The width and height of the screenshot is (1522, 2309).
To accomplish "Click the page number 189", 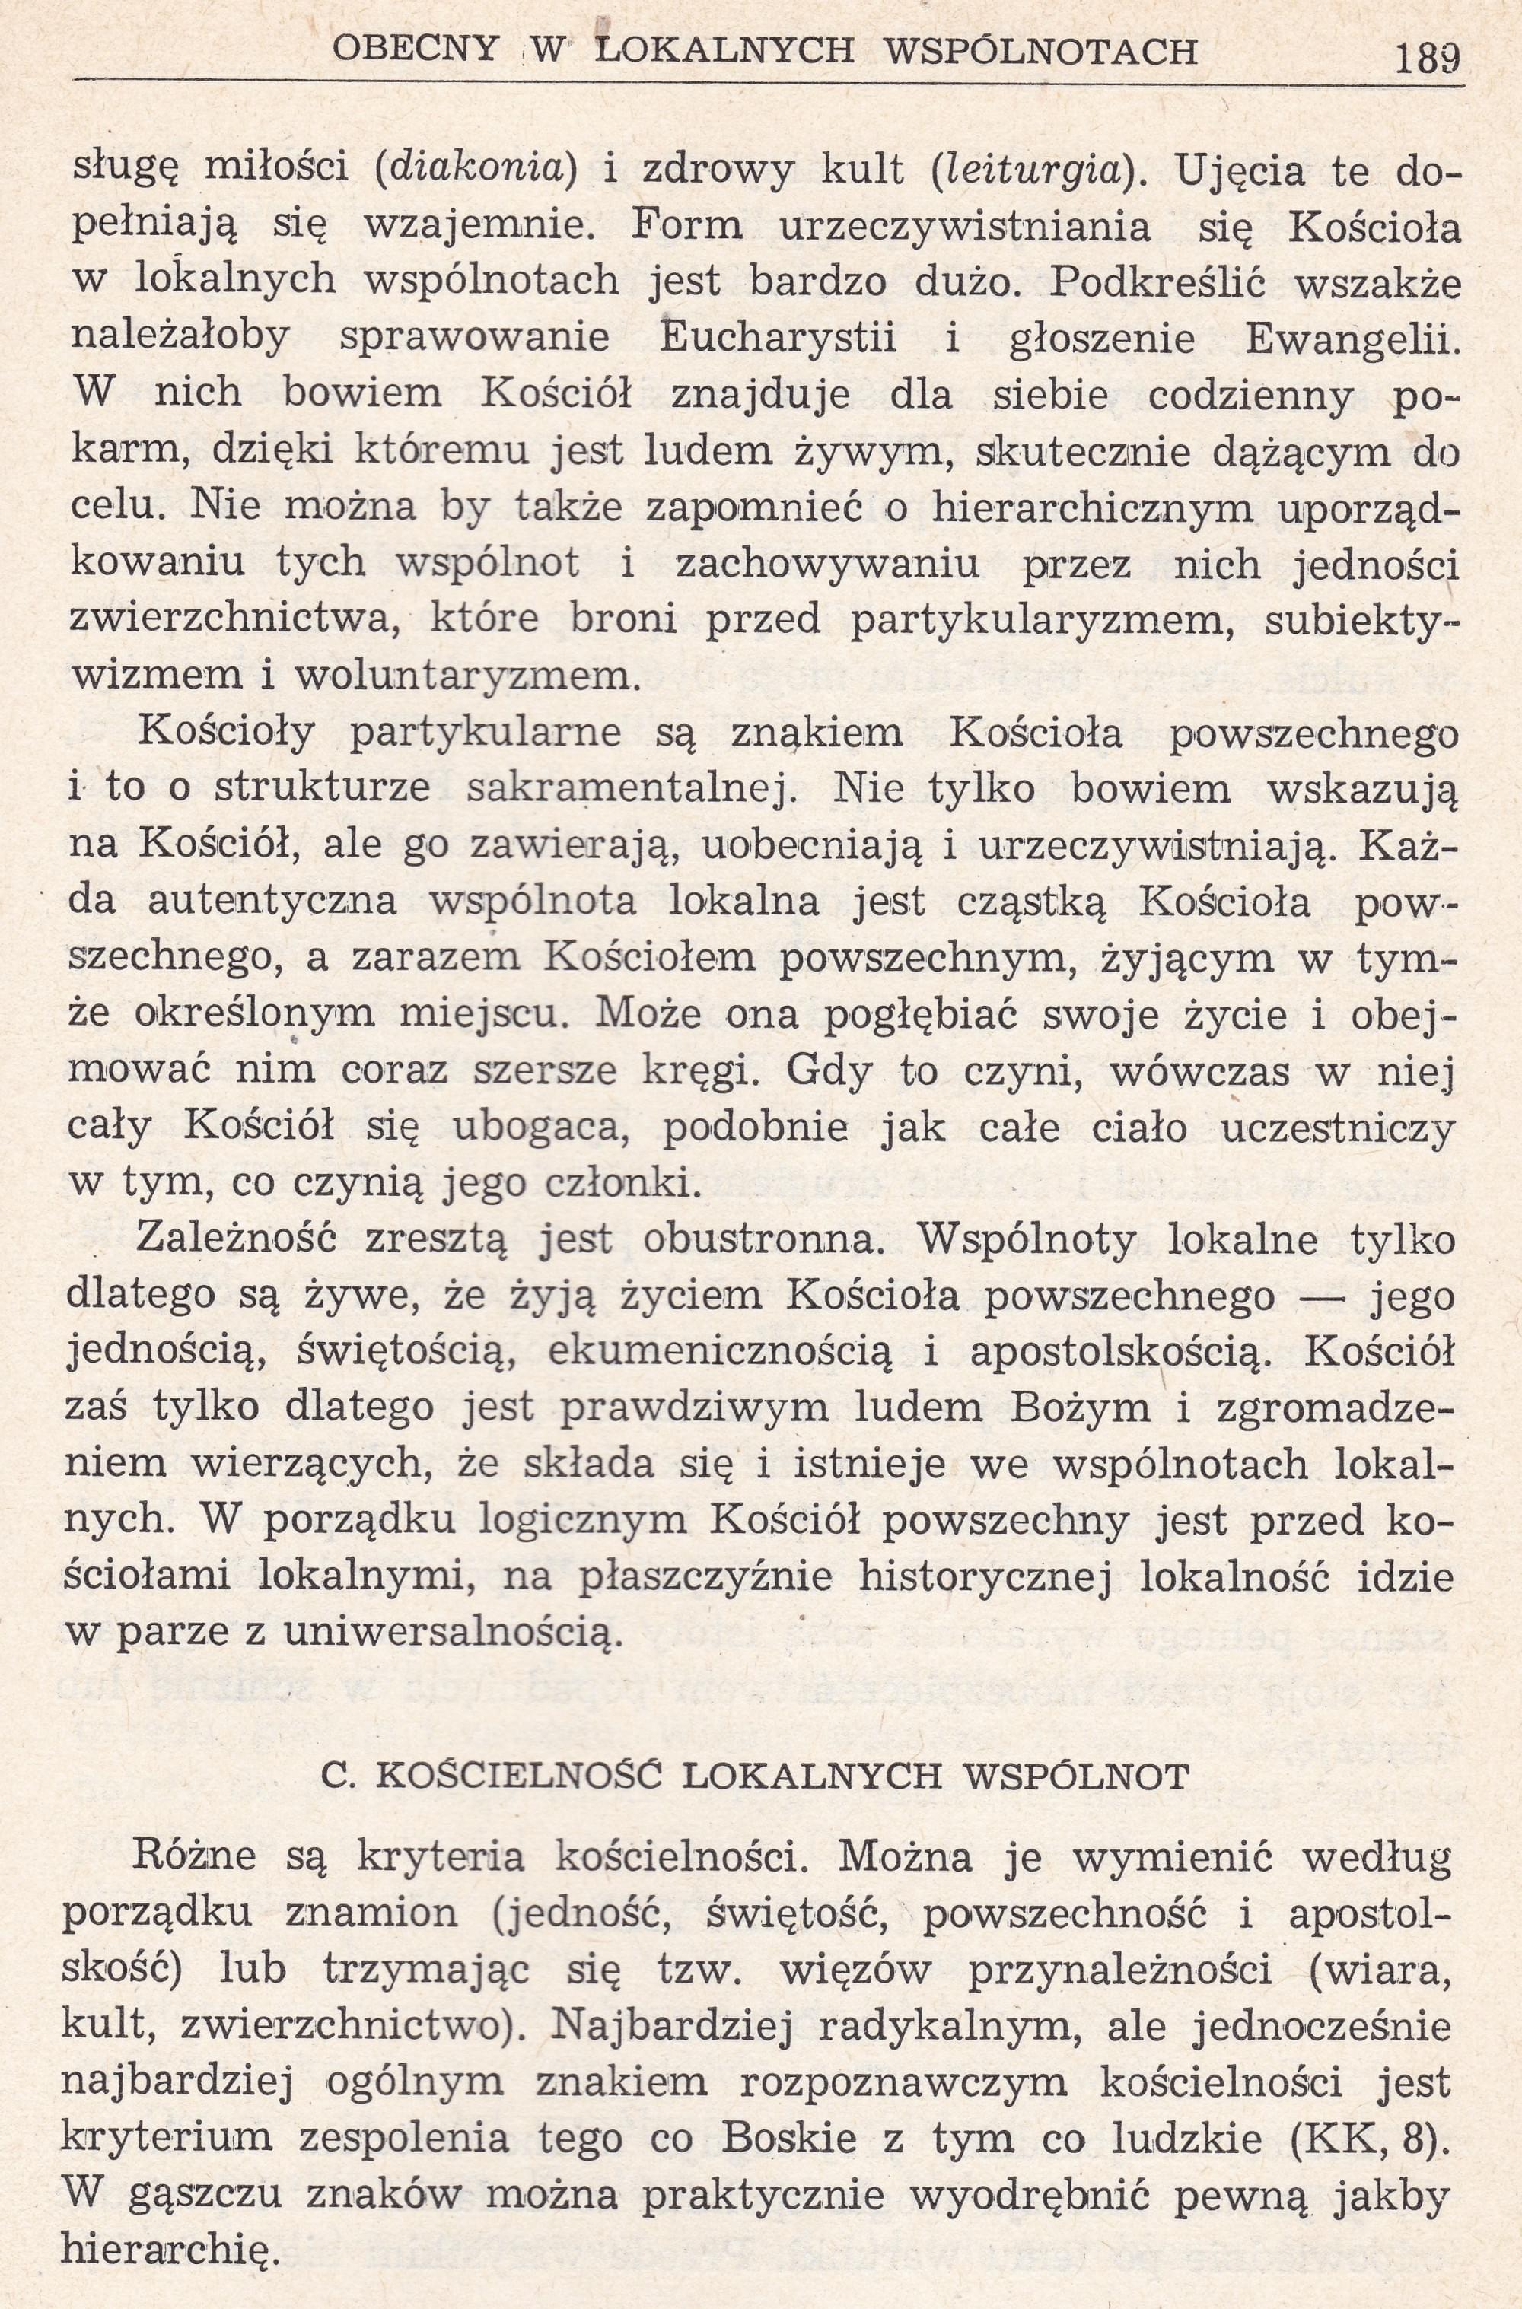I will [x=1426, y=60].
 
